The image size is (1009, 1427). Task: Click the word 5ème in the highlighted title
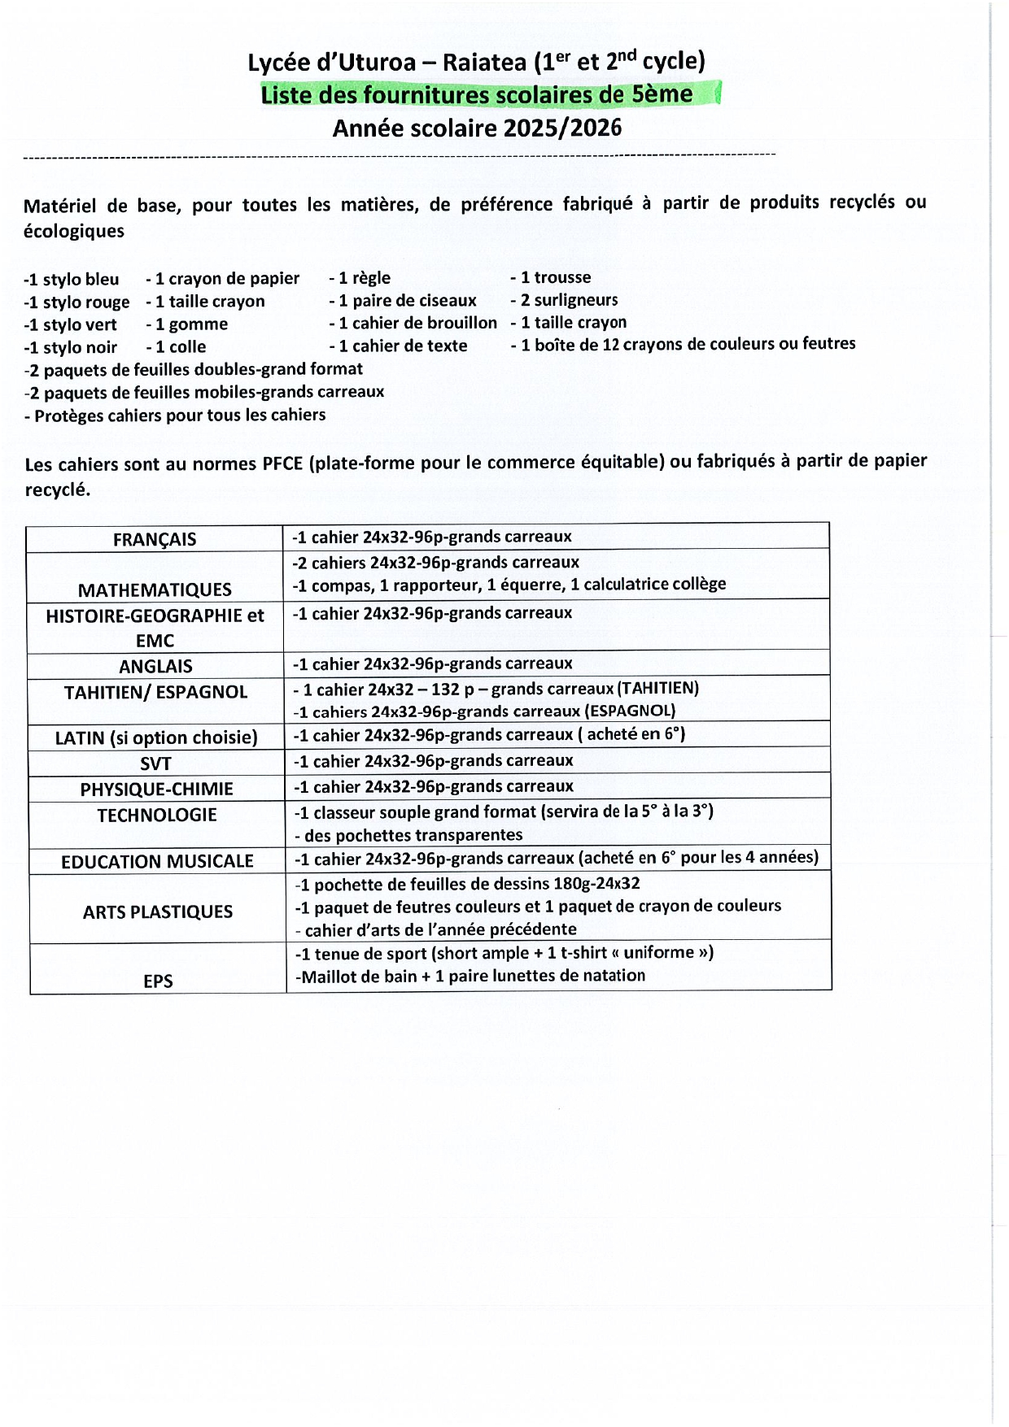click(x=662, y=94)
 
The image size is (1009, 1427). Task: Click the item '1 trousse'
click(x=551, y=277)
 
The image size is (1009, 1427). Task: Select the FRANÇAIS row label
click(x=155, y=539)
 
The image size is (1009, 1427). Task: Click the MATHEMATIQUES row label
click(x=155, y=590)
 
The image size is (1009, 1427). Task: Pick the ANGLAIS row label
click(x=155, y=666)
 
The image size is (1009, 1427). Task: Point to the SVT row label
click(x=155, y=764)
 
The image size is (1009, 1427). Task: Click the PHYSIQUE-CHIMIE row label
click(x=156, y=789)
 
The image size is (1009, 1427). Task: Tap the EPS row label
click(x=158, y=981)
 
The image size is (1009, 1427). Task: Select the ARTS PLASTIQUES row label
click(x=158, y=911)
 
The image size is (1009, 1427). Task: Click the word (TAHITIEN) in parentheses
click(x=657, y=688)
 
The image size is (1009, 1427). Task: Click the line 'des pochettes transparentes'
click(x=409, y=835)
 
